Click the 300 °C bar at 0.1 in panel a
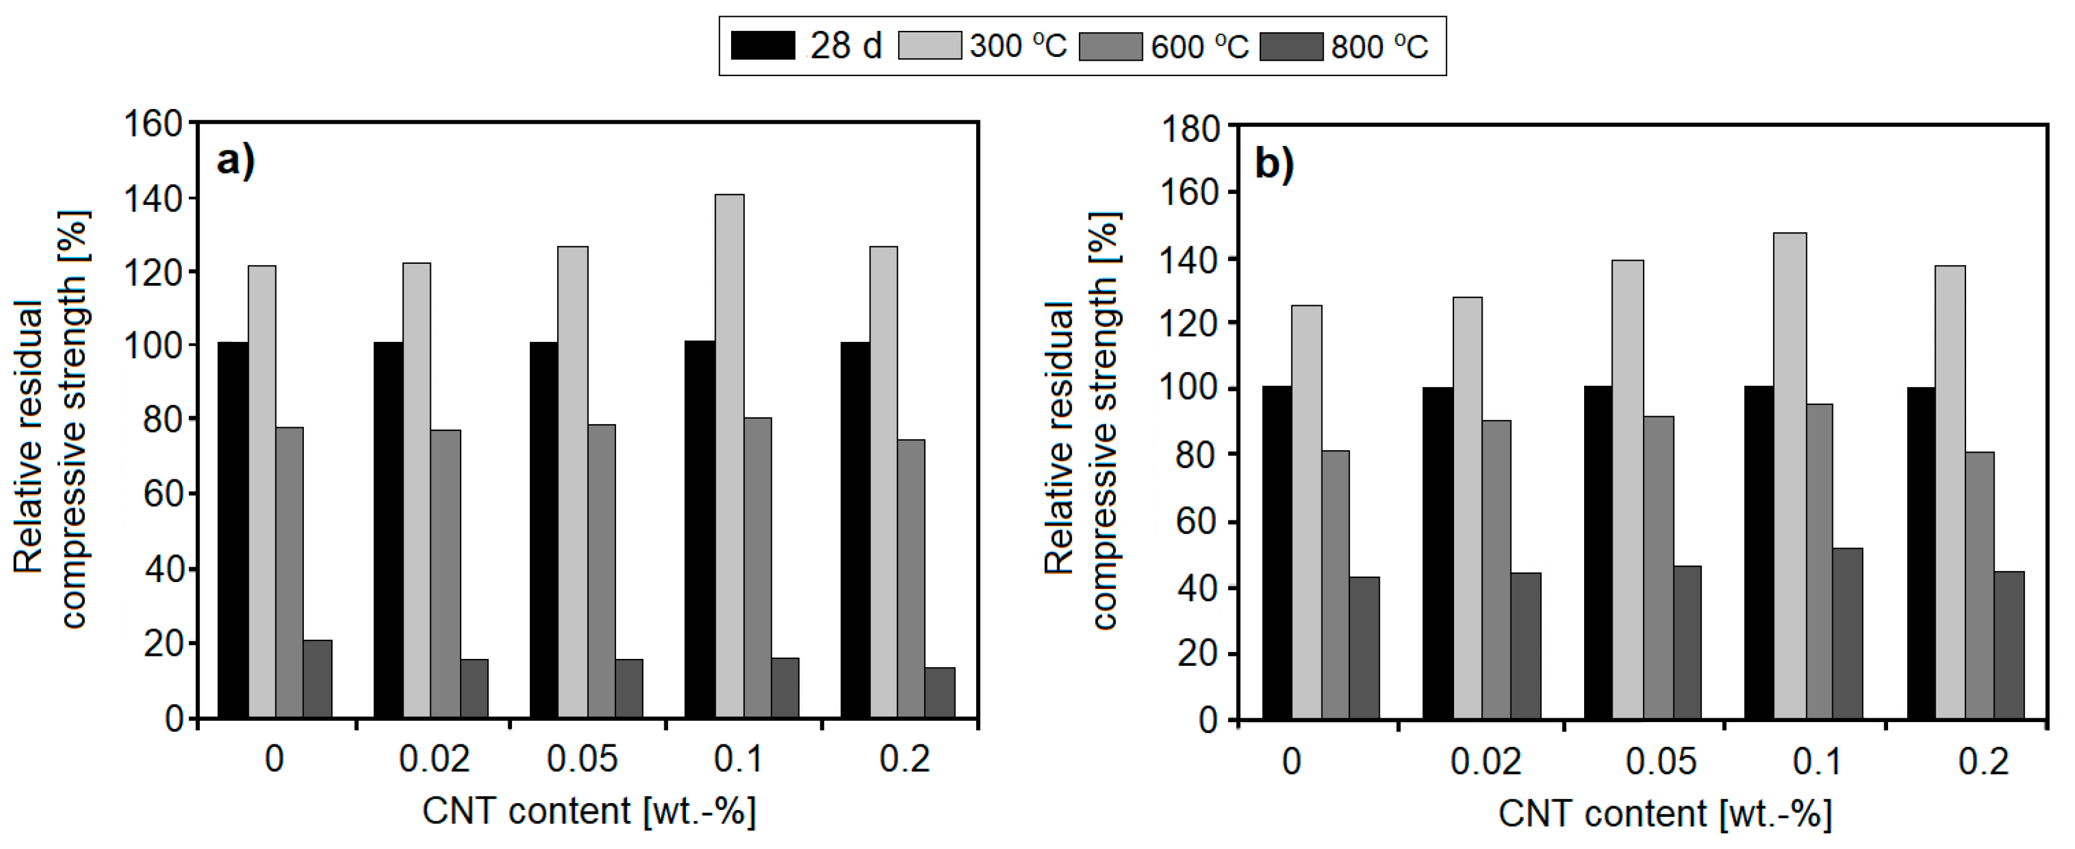[x=729, y=455]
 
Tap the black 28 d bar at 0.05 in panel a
[x=543, y=529]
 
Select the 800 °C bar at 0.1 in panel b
[x=1847, y=633]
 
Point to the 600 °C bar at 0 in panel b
[x=1335, y=584]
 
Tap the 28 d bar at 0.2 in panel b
[x=1920, y=552]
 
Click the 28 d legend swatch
[x=762, y=46]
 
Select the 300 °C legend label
[x=1017, y=46]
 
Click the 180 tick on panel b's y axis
[x=1190, y=129]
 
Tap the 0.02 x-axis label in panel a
[x=433, y=759]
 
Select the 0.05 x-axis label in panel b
[x=1660, y=761]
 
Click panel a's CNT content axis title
[x=589, y=811]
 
